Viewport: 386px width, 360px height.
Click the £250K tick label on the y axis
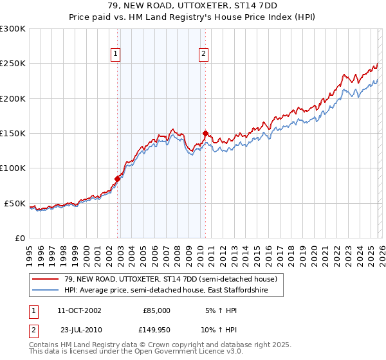point(13,64)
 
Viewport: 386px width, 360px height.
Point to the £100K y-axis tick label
point(13,168)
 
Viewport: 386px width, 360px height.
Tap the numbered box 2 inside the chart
point(203,55)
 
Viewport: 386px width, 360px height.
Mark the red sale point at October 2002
point(118,179)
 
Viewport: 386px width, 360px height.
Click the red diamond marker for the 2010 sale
point(206,134)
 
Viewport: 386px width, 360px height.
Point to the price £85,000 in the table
point(156,310)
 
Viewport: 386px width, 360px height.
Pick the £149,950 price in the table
point(155,330)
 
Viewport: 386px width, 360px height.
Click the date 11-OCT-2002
point(79,310)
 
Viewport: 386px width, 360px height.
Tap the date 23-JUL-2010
point(78,330)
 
